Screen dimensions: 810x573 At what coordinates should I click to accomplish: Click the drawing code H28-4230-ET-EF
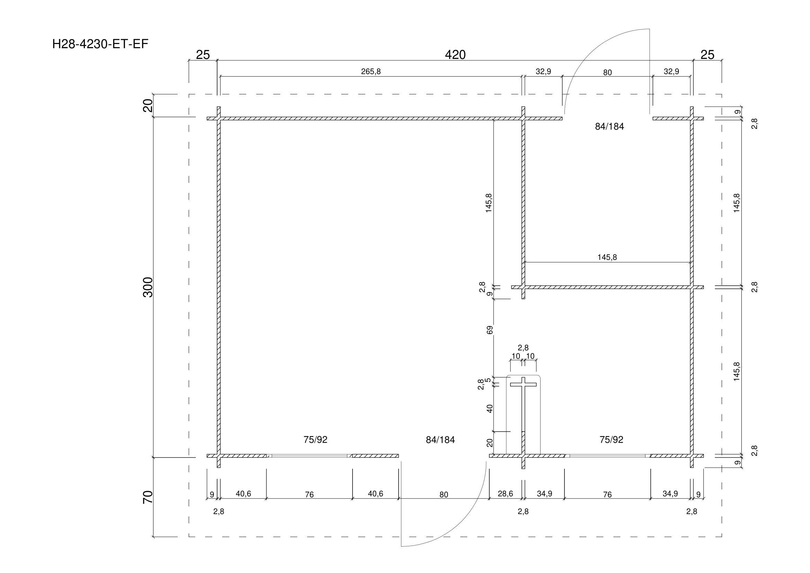tap(100, 44)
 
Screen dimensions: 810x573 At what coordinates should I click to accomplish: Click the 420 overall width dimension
tap(455, 55)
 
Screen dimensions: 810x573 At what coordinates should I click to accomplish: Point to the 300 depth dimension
tap(148, 287)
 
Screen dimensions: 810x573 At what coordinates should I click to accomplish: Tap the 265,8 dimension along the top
tap(371, 72)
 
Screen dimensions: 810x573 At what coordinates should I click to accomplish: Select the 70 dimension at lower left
tap(148, 497)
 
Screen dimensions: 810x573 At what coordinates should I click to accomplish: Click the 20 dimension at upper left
tap(148, 106)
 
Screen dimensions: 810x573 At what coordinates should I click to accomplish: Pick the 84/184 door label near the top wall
tap(609, 127)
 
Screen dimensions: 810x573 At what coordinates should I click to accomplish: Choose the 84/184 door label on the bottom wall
tap(440, 440)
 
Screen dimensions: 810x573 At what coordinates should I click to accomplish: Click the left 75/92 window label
tap(315, 440)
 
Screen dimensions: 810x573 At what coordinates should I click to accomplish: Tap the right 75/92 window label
tap(611, 440)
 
